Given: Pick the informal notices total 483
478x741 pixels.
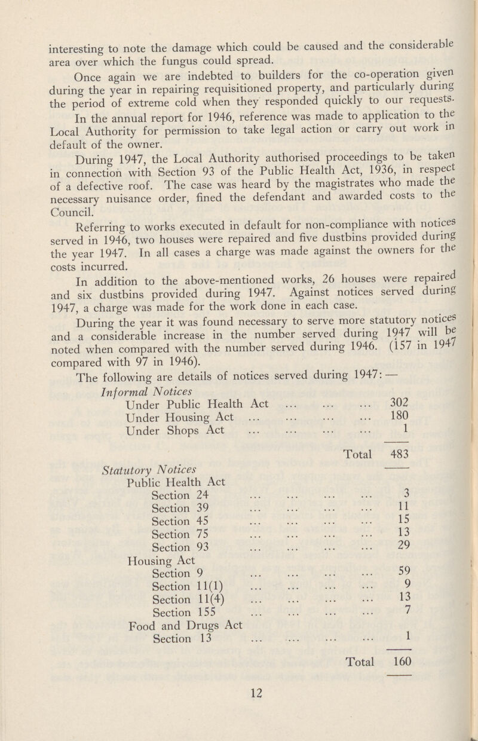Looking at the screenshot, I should [x=400, y=454].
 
